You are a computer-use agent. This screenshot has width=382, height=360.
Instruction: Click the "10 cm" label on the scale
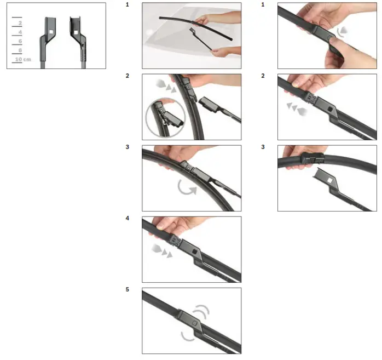(x=22, y=59)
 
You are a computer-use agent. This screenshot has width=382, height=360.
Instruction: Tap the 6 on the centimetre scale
(x=20, y=41)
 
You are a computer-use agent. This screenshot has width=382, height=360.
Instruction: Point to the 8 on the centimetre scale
(x=20, y=50)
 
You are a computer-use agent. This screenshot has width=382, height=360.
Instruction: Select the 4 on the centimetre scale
(x=20, y=32)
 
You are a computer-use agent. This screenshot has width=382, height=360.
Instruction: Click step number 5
(x=128, y=290)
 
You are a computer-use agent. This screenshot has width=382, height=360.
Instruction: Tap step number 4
(x=128, y=219)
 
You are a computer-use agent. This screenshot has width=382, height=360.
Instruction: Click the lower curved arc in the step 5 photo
(x=187, y=335)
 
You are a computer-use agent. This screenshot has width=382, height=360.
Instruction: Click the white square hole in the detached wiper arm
(x=331, y=179)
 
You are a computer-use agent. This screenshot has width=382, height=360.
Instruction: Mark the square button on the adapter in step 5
(x=195, y=322)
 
